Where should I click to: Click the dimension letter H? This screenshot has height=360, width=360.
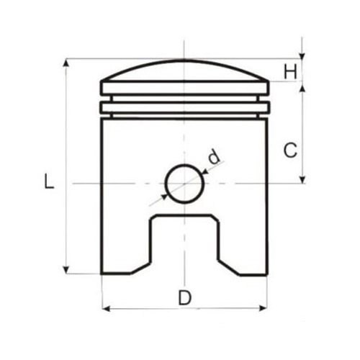point(291,71)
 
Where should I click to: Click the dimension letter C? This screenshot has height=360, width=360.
point(290,150)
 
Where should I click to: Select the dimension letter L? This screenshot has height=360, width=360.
point(49,181)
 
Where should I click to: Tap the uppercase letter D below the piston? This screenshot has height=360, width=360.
point(185,297)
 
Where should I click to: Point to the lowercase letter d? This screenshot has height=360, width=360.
point(214,156)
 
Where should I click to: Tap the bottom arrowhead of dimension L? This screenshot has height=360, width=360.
point(66,270)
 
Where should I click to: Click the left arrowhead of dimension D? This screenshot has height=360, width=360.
point(106,308)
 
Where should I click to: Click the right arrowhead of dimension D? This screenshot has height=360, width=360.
point(263,308)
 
